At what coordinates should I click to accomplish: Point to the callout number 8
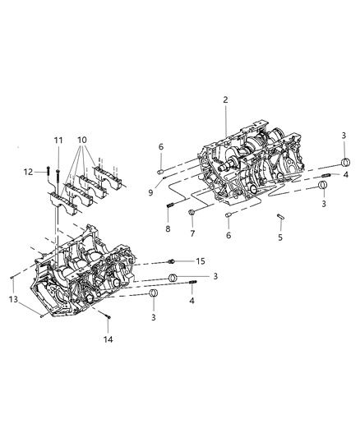168,230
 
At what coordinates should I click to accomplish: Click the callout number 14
106,338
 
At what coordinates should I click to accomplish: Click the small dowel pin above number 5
281,217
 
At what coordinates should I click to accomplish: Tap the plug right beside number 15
171,260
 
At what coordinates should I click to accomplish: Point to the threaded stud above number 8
168,205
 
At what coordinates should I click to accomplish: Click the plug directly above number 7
191,214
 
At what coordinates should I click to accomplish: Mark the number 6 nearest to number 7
228,236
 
